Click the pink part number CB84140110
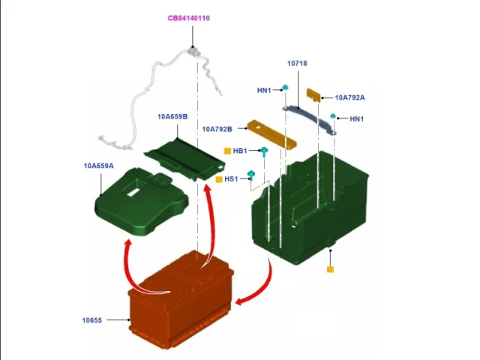coord(189,18)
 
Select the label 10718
coord(297,63)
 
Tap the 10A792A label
coord(349,97)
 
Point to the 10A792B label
coord(217,129)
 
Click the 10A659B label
coord(172,117)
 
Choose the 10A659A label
coord(98,166)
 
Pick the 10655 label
coord(91,320)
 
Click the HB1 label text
coord(240,151)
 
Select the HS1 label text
coord(231,178)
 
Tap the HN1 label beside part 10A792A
coord(357,118)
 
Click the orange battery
coord(181,299)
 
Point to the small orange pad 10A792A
coord(313,95)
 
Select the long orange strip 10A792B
coord(271,135)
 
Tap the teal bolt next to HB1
coord(264,151)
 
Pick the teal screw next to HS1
coord(251,175)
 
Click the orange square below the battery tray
coord(330,269)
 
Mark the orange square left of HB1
coord(227,151)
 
